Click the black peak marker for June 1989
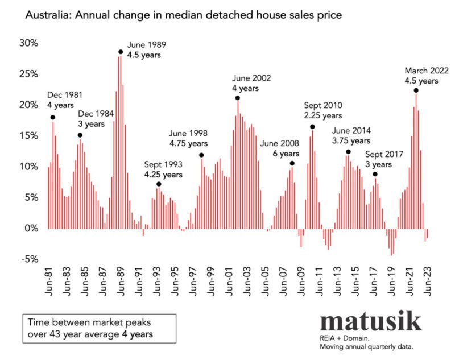pos(121,52)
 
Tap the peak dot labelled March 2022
pos(416,90)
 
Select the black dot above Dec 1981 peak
pos(53,118)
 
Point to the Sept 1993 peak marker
pos(159,184)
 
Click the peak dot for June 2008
pos(292,163)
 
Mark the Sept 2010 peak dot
pos(312,127)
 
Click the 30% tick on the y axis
pos(28,43)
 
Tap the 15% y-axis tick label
pos(28,135)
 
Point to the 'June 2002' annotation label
pos(252,78)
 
